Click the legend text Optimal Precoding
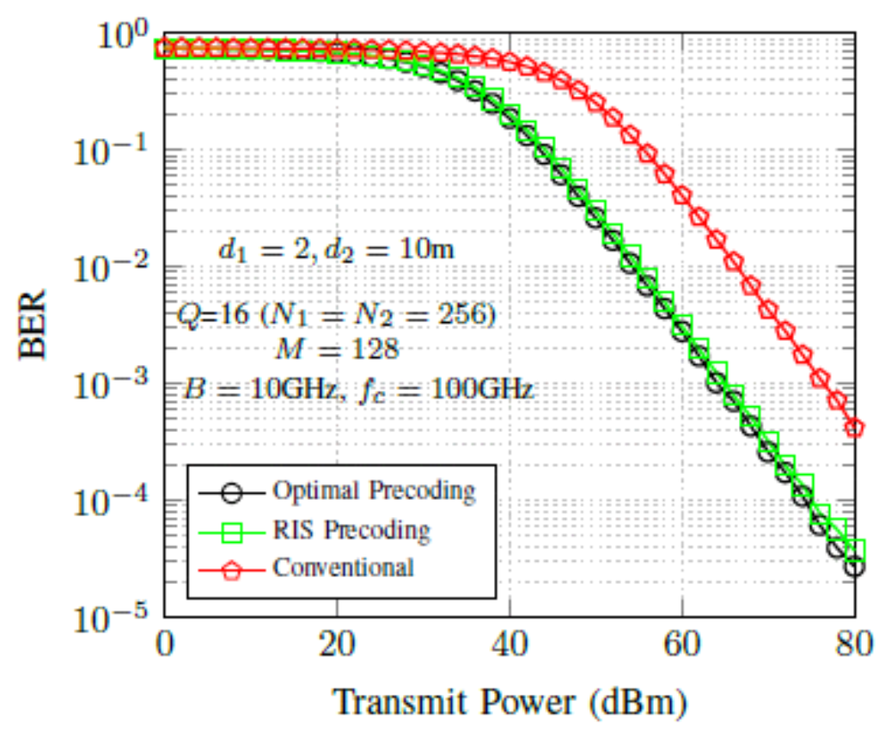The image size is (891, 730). (x=374, y=491)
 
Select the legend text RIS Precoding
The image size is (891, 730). (x=351, y=530)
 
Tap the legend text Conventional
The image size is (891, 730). (x=343, y=568)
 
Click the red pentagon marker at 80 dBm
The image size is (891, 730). (x=854, y=428)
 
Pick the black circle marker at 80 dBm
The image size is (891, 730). (x=854, y=567)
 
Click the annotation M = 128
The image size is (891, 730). (x=337, y=350)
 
